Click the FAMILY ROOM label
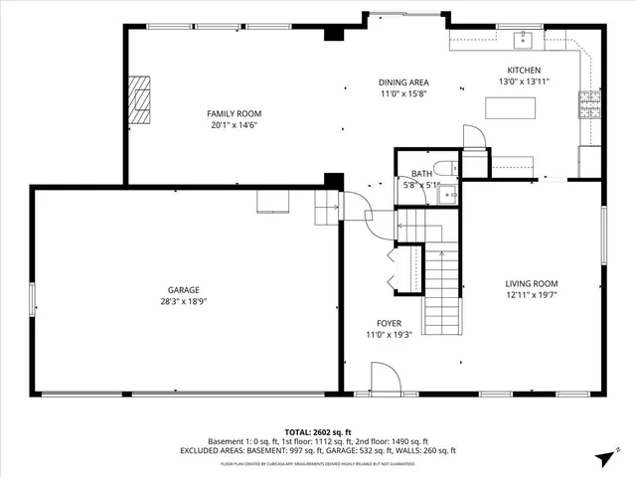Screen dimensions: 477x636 (x=235, y=113)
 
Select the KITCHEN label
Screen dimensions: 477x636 (x=524, y=70)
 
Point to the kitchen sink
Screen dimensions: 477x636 (x=522, y=40)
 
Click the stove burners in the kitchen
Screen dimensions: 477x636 (x=588, y=100)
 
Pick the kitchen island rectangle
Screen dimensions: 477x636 (x=512, y=164)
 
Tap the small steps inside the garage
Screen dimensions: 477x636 (x=326, y=207)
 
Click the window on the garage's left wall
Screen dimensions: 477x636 (x=33, y=298)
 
